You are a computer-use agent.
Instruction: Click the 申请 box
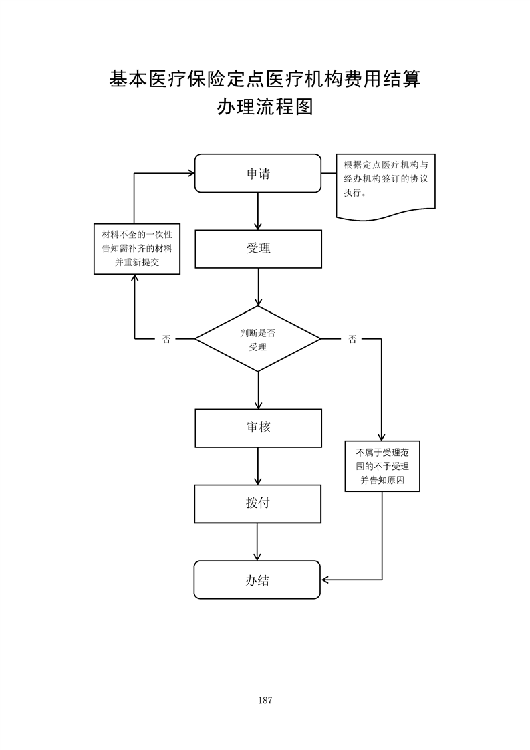(x=258, y=174)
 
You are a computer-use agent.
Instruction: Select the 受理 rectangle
(x=258, y=249)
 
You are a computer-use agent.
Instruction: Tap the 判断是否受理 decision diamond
(x=258, y=339)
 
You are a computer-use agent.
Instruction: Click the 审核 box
(x=258, y=428)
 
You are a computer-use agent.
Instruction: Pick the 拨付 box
(x=258, y=503)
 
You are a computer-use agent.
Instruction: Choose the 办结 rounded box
(x=258, y=580)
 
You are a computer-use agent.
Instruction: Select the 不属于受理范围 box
(x=382, y=466)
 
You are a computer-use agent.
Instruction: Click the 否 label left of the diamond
(x=166, y=339)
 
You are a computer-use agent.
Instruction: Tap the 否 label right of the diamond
(x=352, y=339)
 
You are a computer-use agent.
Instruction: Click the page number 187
(x=265, y=700)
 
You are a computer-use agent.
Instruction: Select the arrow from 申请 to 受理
(x=258, y=211)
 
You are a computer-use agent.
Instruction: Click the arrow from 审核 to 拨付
(x=258, y=466)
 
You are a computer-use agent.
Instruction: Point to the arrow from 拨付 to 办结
(x=258, y=541)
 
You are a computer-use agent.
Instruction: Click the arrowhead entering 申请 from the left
(x=190, y=174)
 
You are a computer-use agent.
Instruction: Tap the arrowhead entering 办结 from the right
(x=325, y=580)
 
